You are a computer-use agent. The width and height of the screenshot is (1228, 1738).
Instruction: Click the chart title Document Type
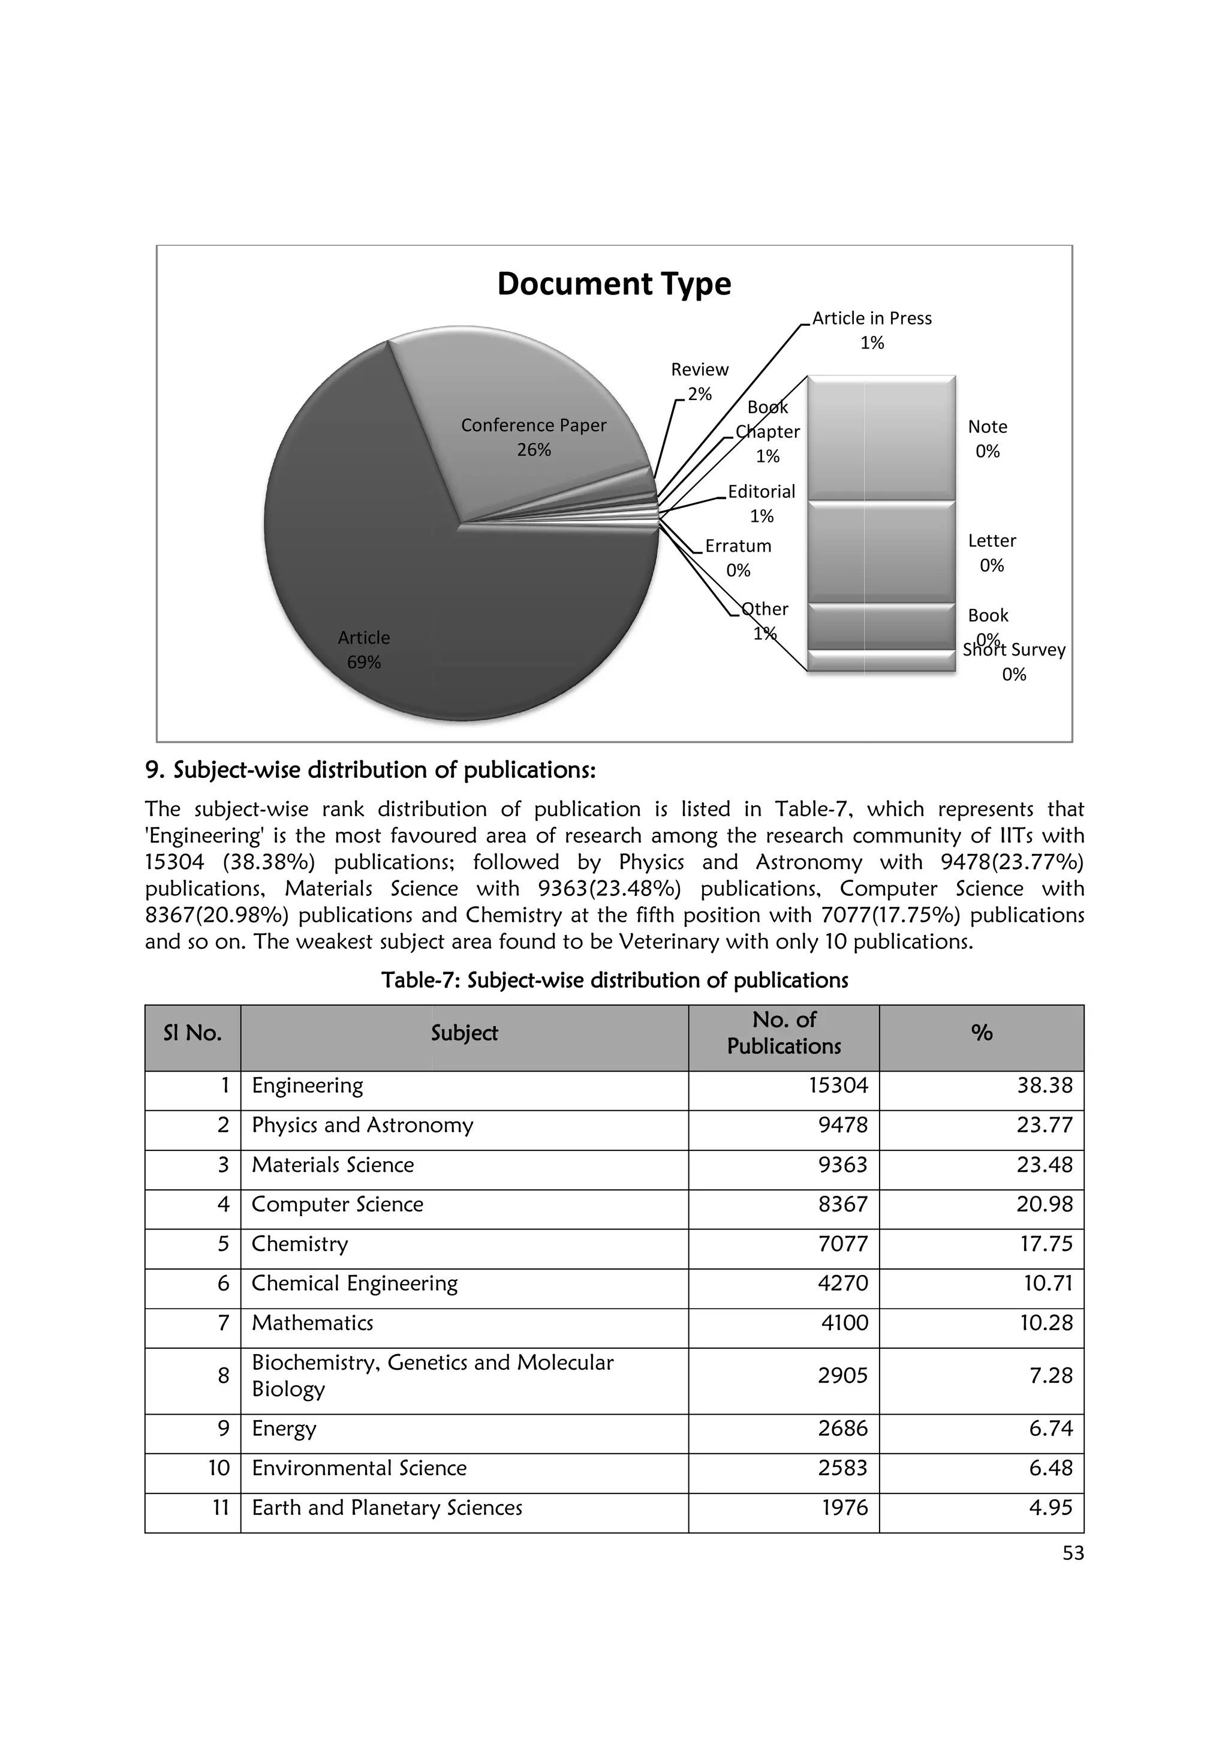coord(613,284)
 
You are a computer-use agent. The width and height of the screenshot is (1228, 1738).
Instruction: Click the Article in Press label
coord(872,318)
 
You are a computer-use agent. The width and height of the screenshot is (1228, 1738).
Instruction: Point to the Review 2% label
coord(700,381)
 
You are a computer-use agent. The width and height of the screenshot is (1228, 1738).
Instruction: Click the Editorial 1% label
coord(761,503)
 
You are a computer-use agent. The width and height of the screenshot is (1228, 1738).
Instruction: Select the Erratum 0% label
coord(738,557)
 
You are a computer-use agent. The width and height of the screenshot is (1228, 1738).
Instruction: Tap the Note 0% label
coord(988,438)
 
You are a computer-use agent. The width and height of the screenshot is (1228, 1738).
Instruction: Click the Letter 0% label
coord(992,552)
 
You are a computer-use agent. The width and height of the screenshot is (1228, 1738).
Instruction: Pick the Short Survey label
coord(1015,651)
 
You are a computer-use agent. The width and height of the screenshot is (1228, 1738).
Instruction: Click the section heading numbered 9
coord(370,770)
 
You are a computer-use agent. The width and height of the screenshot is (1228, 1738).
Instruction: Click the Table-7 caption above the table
coord(615,981)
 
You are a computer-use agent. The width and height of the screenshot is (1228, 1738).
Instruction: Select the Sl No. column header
coord(192,1033)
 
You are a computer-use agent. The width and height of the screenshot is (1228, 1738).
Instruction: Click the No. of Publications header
coord(784,1033)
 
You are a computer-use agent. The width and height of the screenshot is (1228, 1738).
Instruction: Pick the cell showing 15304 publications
coord(838,1086)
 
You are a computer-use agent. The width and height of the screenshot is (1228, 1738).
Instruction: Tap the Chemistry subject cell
coord(300,1244)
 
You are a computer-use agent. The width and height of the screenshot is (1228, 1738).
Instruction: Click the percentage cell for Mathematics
coord(1046,1322)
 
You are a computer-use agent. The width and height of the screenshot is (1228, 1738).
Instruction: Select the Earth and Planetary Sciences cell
coord(387,1507)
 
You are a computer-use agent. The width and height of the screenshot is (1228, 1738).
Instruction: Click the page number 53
coord(1073,1553)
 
